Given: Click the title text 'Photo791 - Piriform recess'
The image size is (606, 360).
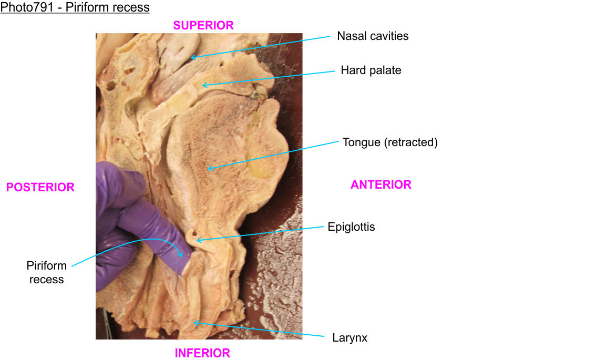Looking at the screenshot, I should click(x=75, y=7).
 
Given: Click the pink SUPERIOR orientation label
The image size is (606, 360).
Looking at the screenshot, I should click(x=203, y=25).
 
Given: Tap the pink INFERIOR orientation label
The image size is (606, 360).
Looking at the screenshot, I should click(x=202, y=353).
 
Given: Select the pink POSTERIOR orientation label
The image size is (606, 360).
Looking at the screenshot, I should click(x=40, y=187).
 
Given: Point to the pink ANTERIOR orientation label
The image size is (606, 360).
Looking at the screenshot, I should click(x=381, y=184).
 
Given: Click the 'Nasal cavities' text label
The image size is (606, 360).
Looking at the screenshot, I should click(x=373, y=36).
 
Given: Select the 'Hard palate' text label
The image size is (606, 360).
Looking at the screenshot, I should click(x=371, y=70).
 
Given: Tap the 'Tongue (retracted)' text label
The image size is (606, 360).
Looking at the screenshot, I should click(x=390, y=142).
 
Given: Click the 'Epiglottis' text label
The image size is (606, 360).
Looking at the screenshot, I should click(x=351, y=227).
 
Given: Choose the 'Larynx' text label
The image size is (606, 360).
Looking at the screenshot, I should click(x=350, y=338).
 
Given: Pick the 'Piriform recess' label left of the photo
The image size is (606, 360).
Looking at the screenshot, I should click(x=46, y=272).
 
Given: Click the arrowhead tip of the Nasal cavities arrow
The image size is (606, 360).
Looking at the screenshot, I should click(x=190, y=57).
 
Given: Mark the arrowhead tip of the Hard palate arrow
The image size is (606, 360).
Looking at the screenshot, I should click(x=203, y=85).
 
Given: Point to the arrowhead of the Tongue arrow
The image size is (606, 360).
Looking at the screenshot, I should click(x=208, y=169).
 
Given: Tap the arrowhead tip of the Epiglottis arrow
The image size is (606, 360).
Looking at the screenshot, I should click(x=197, y=240).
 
